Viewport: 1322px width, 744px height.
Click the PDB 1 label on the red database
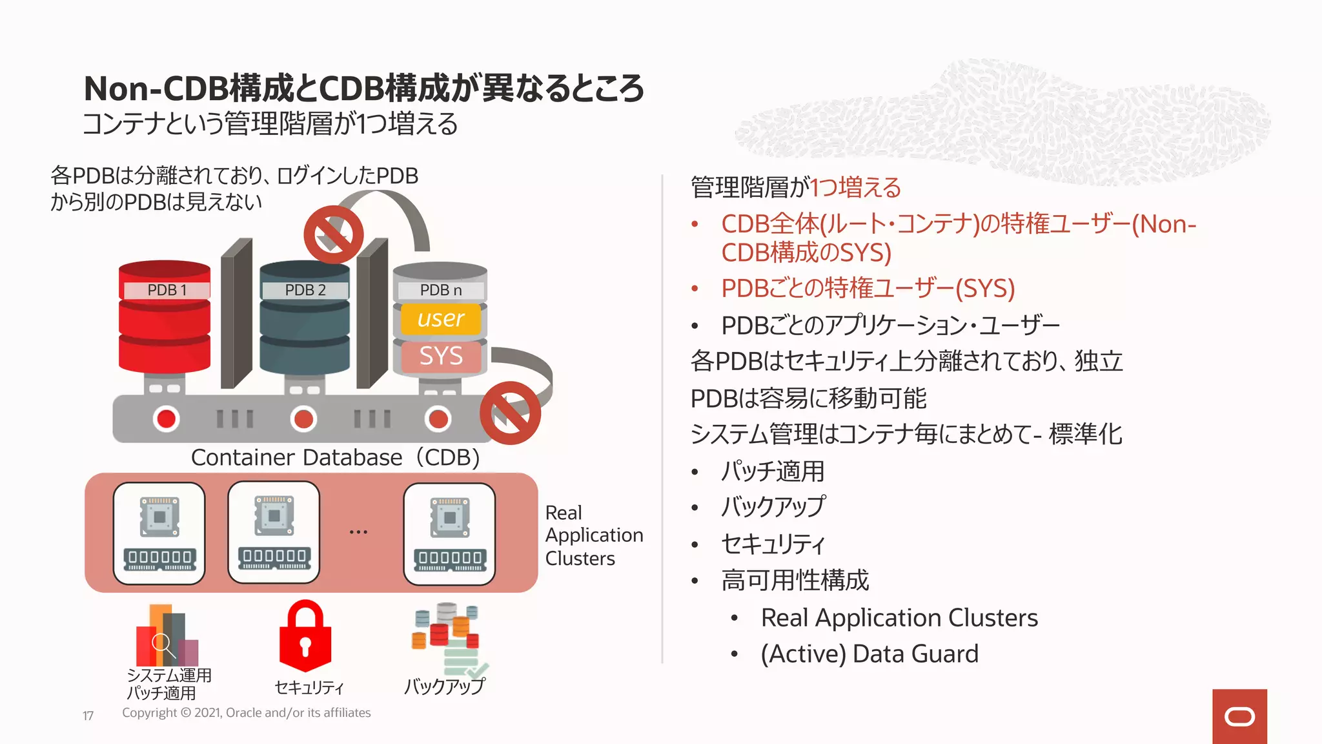click(166, 290)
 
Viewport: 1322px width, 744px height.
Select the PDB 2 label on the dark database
click(305, 290)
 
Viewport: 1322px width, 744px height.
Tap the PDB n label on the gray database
click(441, 291)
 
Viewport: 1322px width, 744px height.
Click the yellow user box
click(441, 318)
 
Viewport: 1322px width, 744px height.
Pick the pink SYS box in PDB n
click(441, 356)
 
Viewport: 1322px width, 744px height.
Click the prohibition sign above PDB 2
click(333, 234)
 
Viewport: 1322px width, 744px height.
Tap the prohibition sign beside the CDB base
click(510, 413)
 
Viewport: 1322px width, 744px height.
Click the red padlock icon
click(305, 635)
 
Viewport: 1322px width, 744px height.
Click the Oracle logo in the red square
click(1239, 716)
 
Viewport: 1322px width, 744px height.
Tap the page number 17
click(88, 716)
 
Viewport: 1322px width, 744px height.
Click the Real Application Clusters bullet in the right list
click(899, 618)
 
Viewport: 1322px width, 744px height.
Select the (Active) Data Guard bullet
click(869, 654)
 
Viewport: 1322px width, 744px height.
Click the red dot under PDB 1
click(167, 418)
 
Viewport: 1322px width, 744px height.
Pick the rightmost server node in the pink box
click(449, 533)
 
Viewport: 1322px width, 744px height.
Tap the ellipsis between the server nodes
click(358, 532)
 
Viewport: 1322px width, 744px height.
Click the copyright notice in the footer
click(247, 713)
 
